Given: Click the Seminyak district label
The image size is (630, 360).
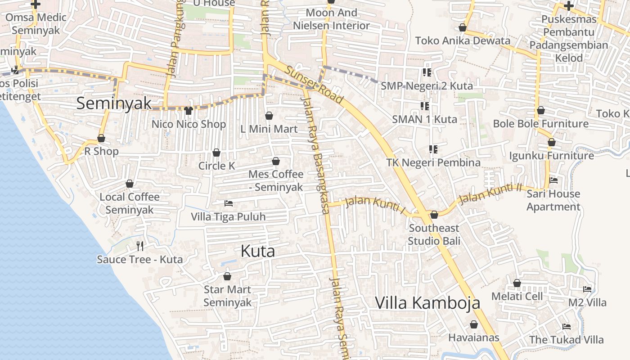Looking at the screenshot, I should pos(114,103).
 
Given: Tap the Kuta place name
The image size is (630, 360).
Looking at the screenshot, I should pos(257,251).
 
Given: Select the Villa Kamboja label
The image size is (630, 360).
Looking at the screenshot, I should pos(427,303).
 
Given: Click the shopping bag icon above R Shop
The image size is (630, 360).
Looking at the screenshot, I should pos(101,138).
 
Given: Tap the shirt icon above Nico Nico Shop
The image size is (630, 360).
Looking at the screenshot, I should pos(189,110).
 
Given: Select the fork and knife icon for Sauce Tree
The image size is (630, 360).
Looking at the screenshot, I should pos(140,246).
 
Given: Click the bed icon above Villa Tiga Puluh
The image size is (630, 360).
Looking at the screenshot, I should pos(228,203).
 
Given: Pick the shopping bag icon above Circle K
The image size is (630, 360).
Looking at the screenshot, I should pos(216,153).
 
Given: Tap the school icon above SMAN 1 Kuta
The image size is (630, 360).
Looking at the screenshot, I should pos(424,106).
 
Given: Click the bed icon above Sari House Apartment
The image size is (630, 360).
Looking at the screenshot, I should pos(553,180).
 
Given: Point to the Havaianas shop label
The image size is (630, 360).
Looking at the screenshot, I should pos(474,337).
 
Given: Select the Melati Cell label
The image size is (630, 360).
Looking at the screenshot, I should pos(517,296).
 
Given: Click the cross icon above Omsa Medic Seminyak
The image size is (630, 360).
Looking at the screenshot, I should pos(36,4).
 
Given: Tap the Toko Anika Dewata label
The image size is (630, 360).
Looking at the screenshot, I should pos(463,40).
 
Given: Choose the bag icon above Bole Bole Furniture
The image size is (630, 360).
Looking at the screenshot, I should pos(541,110).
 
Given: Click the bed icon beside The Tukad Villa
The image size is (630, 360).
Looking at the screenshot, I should pos(567,327).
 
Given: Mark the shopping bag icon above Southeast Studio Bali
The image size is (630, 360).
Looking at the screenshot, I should pos(434,215).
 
